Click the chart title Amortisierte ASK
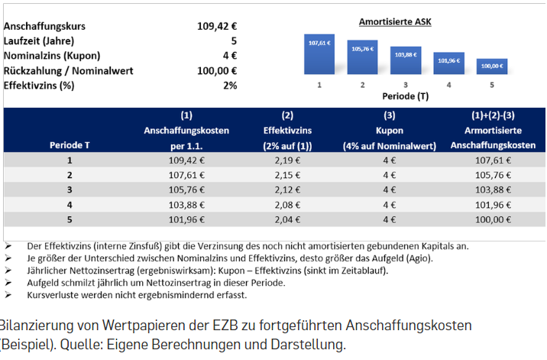click(395, 22)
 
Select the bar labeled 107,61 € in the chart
click(319, 54)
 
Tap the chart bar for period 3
click(405, 60)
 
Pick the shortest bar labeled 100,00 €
click(491, 66)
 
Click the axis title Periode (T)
click(405, 97)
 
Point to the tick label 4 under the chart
click(448, 85)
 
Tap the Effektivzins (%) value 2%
click(230, 85)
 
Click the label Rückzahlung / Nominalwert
click(68, 70)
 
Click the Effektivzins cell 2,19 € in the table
click(287, 161)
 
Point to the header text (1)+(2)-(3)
click(492, 115)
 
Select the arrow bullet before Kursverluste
click(8, 294)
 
